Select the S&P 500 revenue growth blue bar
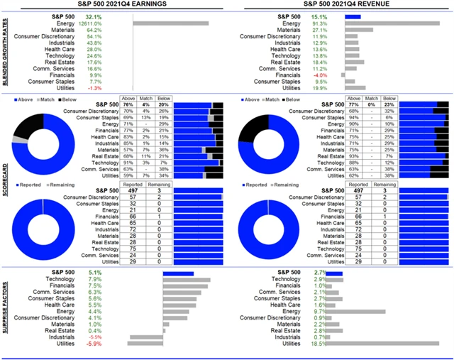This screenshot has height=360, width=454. coord(353,16)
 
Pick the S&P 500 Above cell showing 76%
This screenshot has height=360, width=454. coord(128,104)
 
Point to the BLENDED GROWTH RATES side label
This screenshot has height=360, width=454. coord(5,53)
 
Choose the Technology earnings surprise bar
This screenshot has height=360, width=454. coord(187,279)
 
